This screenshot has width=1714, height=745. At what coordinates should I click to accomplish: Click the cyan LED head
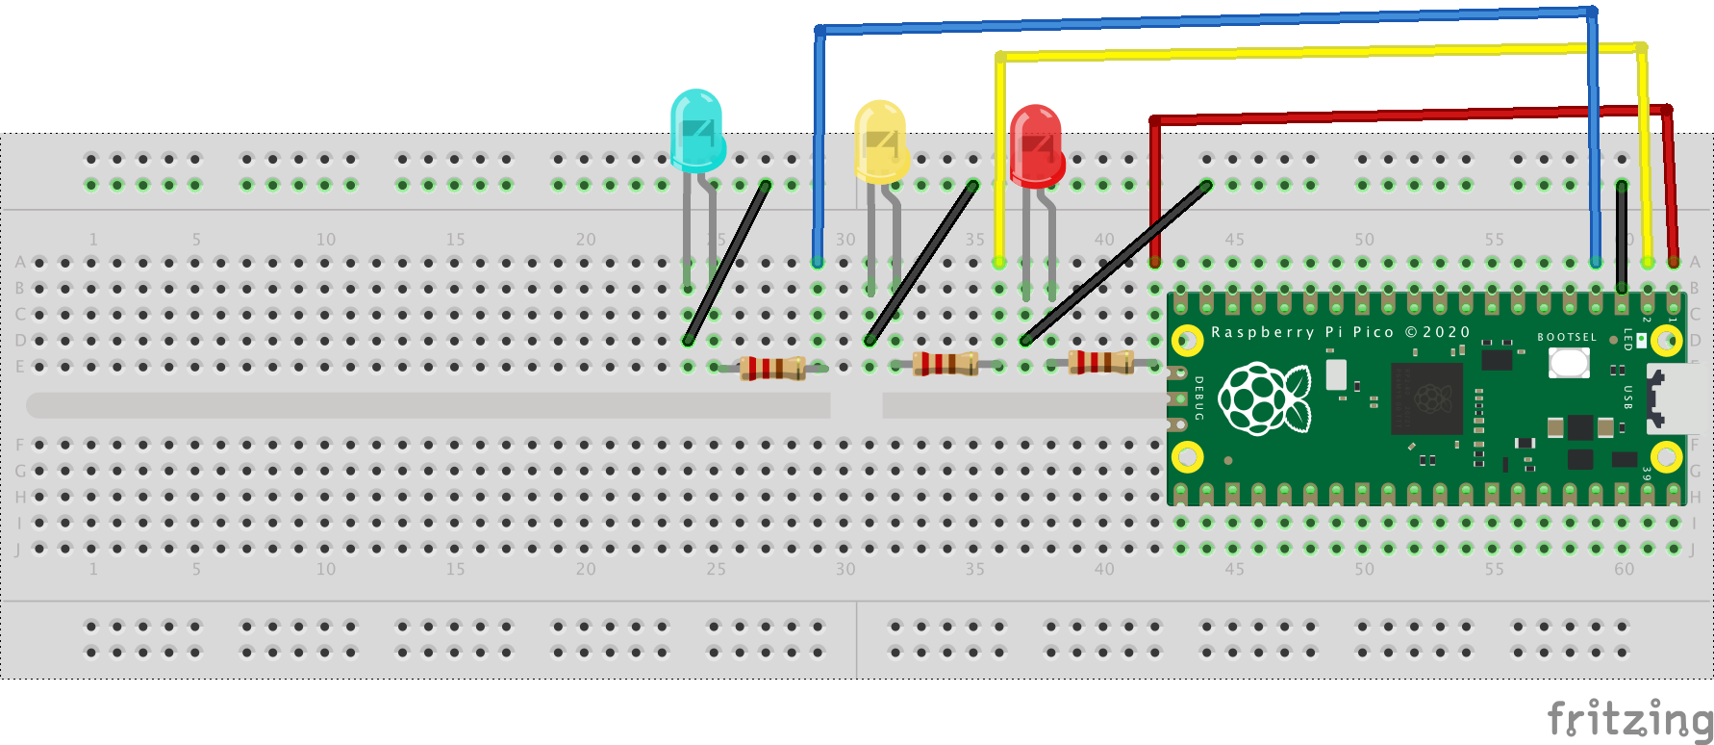coord(696,130)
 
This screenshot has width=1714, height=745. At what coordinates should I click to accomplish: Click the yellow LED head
coord(880,141)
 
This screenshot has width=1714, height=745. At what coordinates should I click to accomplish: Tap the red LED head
coord(1036,144)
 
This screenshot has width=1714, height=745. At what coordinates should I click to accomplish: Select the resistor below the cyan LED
coord(772,368)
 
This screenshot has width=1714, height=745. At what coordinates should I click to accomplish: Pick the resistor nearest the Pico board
coord(1100,362)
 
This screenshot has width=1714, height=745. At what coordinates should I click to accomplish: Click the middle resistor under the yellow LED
coord(945,363)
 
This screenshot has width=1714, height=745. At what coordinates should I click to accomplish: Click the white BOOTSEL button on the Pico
coord(1569,363)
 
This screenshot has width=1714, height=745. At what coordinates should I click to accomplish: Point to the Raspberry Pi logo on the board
coord(1264,398)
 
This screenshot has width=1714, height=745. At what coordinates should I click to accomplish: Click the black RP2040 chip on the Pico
coord(1426,398)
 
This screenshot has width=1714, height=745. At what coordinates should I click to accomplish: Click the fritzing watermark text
coord(1628,719)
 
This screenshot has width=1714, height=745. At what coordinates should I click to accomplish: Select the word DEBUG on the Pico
coord(1199,398)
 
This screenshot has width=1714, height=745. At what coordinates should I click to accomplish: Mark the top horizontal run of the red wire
coord(1404,115)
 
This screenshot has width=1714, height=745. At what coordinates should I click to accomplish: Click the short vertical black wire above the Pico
coord(1622,236)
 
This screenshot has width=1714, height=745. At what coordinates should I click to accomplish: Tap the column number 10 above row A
coord(326,239)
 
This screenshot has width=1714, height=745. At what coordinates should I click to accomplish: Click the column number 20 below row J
coord(586,569)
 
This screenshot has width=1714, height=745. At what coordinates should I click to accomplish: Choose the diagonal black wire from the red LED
coord(1116,262)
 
